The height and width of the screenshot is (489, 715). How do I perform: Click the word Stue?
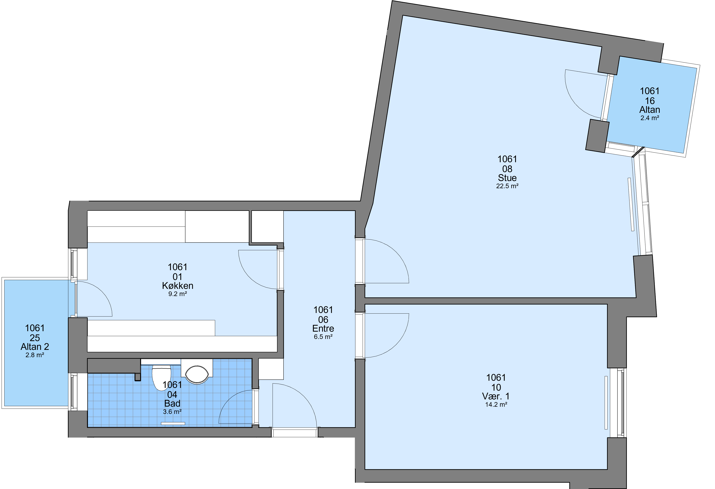click(x=507, y=178)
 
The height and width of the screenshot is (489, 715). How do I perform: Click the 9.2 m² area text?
click(x=178, y=294)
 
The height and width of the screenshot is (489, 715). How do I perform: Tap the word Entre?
click(x=323, y=328)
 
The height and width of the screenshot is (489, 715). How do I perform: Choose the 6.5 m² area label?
click(x=323, y=337)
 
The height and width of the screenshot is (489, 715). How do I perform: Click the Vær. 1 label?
click(x=496, y=396)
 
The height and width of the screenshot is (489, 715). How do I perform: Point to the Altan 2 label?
click(x=35, y=347)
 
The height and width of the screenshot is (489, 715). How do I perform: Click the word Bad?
click(x=172, y=403)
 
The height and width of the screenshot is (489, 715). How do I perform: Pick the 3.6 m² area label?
click(x=172, y=412)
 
